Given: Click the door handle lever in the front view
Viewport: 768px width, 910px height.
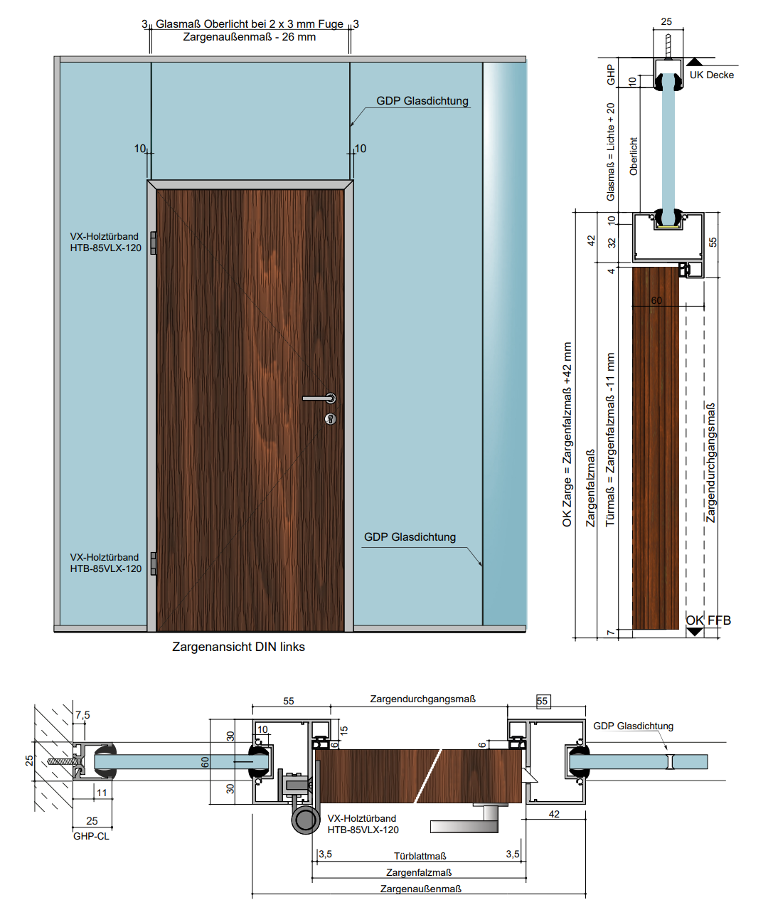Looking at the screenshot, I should (317, 398).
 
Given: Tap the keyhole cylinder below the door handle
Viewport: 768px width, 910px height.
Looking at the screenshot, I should (330, 418).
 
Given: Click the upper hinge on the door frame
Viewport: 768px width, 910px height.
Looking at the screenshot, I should (153, 243).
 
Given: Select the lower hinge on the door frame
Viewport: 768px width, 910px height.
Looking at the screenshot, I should (153, 564).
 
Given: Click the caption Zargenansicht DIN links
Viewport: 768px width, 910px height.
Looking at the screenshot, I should (238, 647).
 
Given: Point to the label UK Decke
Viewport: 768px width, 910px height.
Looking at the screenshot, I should (711, 75).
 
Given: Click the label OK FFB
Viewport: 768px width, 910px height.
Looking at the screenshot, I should (708, 620).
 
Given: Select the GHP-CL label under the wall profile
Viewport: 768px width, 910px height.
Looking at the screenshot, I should (91, 836).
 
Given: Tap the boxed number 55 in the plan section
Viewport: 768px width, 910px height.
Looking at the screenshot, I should (543, 701).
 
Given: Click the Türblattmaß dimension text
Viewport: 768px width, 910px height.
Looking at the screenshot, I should (420, 856).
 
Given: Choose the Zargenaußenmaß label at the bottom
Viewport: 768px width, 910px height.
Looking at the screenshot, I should (420, 889).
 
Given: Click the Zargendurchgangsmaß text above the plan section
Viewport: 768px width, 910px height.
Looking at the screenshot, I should (422, 699).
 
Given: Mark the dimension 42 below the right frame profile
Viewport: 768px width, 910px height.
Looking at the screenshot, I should (554, 814).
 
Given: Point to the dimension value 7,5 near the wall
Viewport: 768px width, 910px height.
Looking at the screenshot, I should (82, 715).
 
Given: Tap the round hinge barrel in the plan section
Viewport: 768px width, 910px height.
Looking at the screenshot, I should (306, 820).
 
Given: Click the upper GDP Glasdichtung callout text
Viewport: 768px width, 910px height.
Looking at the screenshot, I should (422, 101).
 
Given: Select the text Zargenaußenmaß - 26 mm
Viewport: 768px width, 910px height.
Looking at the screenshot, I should (249, 37).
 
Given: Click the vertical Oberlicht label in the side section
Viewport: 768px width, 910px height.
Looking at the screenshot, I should (634, 157).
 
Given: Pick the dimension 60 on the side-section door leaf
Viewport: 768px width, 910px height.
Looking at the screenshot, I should (656, 300).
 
